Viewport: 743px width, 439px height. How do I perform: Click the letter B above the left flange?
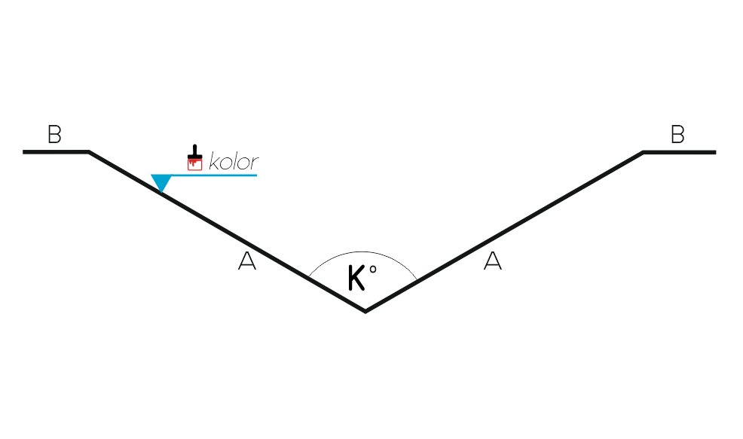click(54, 134)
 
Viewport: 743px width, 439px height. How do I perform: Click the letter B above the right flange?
click(677, 134)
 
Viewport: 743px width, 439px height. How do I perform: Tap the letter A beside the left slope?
click(247, 261)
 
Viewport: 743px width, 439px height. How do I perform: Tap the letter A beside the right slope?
click(493, 261)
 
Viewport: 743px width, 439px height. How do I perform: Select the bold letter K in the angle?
click(356, 278)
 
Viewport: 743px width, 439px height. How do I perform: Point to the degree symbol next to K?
click(373, 270)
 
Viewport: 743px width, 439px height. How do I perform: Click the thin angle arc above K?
click(362, 252)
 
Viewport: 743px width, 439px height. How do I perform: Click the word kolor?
click(234, 161)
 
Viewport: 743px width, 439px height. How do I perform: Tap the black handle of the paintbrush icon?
click(194, 151)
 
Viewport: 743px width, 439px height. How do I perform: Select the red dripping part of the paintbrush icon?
click(194, 164)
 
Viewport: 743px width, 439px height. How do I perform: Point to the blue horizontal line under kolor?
click(203, 175)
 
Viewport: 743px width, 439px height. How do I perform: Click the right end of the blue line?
click(257, 175)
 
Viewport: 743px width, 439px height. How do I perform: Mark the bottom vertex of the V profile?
click(365, 312)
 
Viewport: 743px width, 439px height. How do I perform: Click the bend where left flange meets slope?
click(89, 152)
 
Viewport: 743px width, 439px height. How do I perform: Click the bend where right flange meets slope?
click(643, 152)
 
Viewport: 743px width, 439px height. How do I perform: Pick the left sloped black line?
click(227, 232)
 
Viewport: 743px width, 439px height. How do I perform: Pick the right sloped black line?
click(504, 232)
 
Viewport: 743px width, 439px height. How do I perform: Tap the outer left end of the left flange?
click(23, 152)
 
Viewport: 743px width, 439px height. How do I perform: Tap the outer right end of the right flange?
click(716, 152)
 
